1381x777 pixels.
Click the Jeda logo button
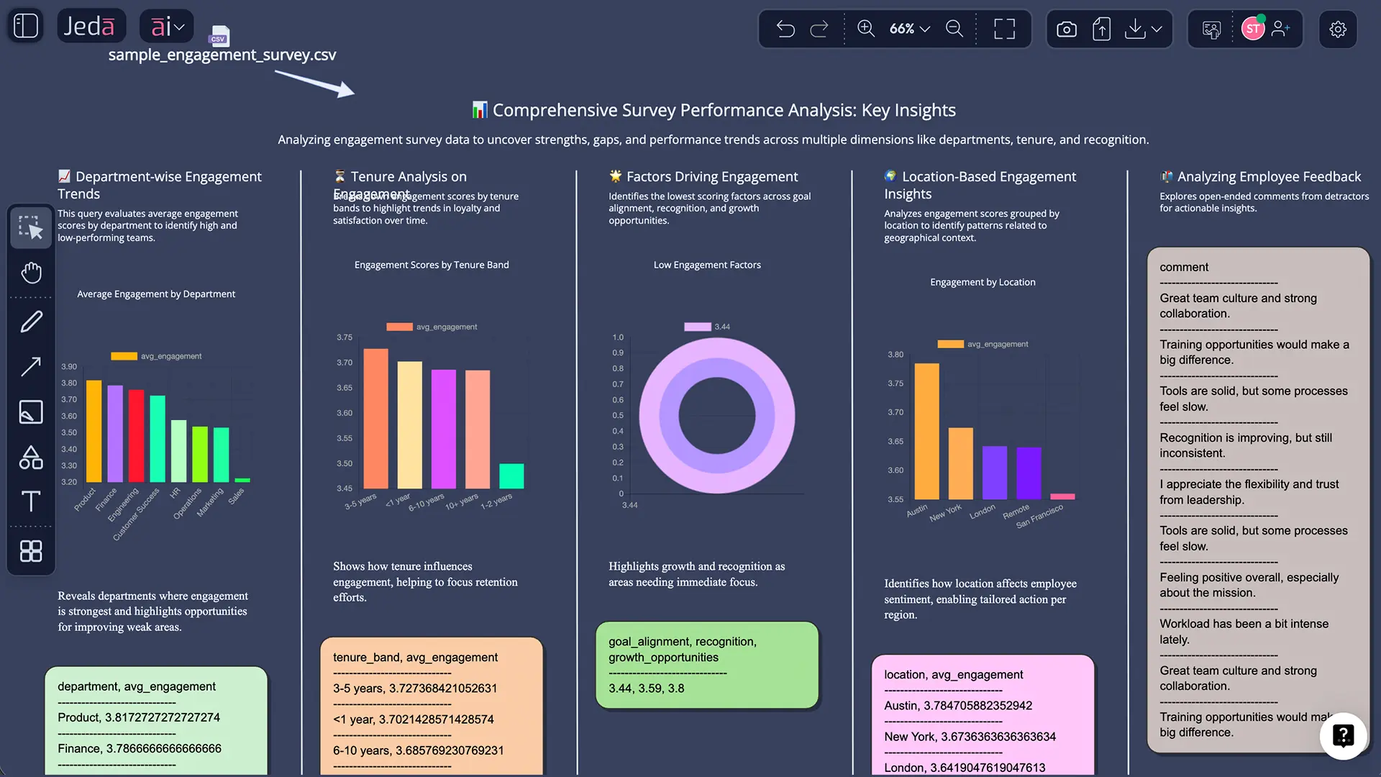(90, 27)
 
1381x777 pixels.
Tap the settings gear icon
(1337, 29)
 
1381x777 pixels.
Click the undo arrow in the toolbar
(785, 29)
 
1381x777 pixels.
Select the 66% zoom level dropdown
(909, 29)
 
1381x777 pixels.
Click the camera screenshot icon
(1066, 29)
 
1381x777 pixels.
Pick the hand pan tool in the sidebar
(31, 273)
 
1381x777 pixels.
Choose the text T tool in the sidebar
(31, 501)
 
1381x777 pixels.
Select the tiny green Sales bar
(242, 480)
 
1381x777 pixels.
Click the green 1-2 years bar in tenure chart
(511, 476)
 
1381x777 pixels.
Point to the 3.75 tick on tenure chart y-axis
(345, 337)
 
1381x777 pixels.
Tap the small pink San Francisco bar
(1062, 496)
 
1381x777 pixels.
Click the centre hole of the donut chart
(716, 416)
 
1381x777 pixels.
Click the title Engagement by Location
(983, 282)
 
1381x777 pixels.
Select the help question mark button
(1343, 735)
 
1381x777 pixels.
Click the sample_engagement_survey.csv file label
(222, 55)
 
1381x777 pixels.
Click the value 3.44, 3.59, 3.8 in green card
(646, 689)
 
